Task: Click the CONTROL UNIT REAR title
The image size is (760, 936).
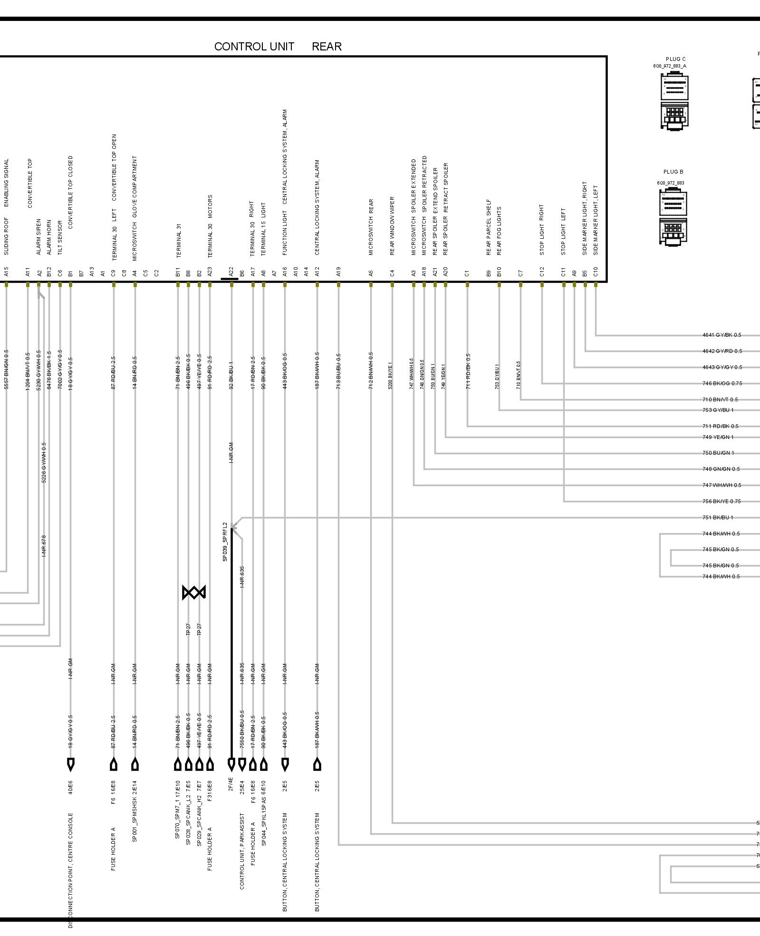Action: [278, 47]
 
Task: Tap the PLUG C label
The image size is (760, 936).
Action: [675, 59]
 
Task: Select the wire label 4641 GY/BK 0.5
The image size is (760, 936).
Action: [722, 335]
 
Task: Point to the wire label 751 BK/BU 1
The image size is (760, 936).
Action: [718, 518]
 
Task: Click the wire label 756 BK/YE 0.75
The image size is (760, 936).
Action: [722, 502]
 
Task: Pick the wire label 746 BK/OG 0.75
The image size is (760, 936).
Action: [722, 384]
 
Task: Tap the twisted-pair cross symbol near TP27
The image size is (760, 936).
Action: [194, 593]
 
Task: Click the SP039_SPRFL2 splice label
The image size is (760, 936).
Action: [225, 542]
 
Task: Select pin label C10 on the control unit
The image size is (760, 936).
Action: [596, 272]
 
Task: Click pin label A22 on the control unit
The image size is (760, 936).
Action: [231, 272]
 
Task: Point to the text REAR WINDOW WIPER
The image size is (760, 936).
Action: [392, 226]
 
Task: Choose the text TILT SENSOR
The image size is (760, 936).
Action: [60, 237]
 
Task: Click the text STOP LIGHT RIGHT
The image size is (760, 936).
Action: [542, 230]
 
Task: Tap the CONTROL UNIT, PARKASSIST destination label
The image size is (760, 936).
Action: [242, 851]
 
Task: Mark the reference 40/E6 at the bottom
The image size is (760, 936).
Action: [71, 788]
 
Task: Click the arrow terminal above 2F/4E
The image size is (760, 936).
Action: [231, 764]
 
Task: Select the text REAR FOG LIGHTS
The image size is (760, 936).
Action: [499, 231]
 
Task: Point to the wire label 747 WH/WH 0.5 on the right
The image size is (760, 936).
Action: [722, 486]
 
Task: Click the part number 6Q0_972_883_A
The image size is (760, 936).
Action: [669, 67]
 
